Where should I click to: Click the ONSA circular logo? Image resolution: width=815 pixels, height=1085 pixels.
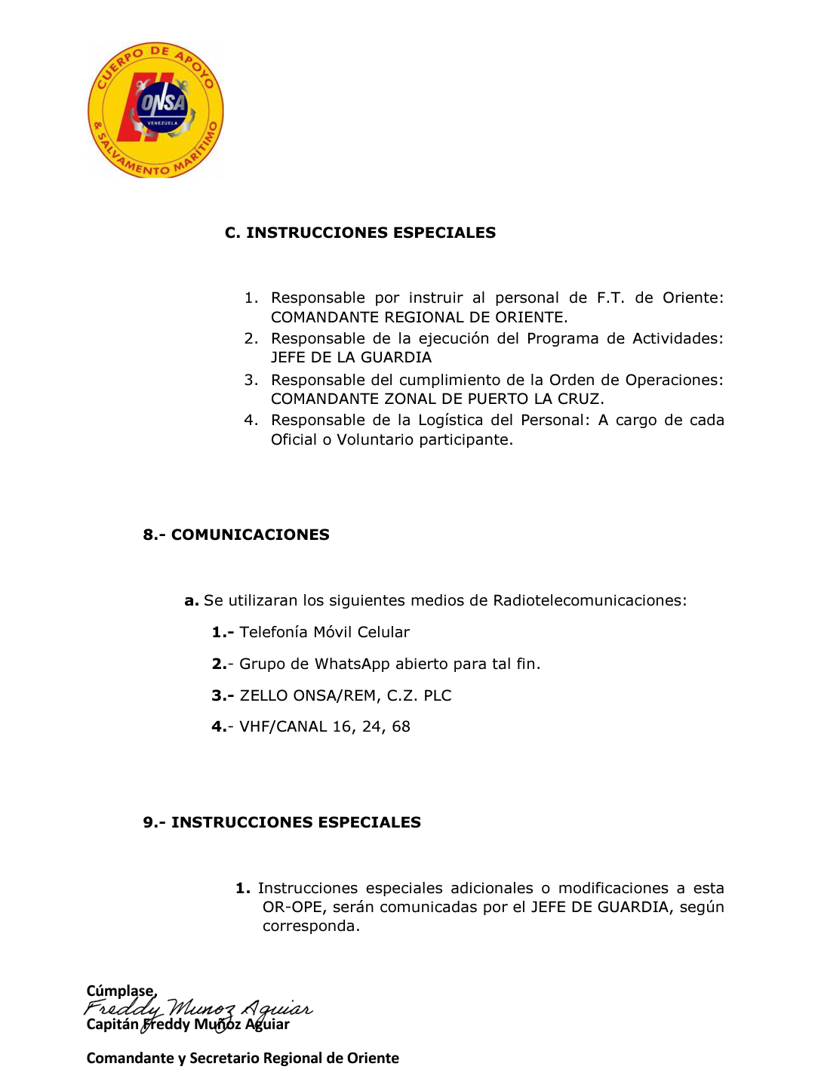(155, 110)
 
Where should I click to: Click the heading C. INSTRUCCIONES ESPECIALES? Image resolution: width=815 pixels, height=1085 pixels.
(360, 233)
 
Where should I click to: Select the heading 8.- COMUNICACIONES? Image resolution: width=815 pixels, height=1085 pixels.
(236, 535)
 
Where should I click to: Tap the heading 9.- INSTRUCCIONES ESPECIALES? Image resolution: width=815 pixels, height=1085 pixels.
(281, 822)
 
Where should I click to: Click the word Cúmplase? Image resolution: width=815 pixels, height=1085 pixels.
(121, 991)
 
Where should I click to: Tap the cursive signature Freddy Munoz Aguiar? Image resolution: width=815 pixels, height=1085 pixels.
(198, 1008)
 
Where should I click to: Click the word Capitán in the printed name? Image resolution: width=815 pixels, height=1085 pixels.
(112, 1025)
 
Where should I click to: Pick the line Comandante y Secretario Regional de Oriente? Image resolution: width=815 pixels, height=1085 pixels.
(242, 1058)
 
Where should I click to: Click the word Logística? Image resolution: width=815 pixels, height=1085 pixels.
(450, 420)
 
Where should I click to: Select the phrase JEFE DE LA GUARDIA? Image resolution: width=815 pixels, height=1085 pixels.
(351, 357)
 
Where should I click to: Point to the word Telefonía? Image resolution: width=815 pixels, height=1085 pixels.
(273, 632)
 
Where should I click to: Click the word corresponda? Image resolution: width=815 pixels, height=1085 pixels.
(310, 926)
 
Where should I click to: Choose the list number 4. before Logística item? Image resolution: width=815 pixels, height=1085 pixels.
(251, 420)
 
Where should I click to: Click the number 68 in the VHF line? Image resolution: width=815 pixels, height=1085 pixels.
(401, 726)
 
